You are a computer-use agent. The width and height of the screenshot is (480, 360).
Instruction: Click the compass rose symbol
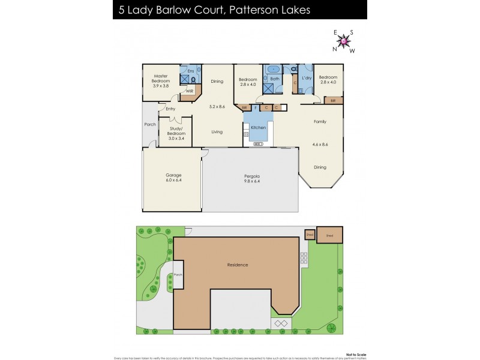[344, 41]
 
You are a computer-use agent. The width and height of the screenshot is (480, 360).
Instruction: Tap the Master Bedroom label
[161, 76]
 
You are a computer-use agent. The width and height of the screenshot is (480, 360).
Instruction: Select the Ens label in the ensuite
[190, 71]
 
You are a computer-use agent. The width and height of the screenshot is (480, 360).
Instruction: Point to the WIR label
[189, 91]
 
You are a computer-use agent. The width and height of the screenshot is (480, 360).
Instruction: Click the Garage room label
[173, 175]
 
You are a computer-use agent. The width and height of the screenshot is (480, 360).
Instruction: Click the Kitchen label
[258, 128]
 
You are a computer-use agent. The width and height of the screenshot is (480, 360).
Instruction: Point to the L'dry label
[306, 78]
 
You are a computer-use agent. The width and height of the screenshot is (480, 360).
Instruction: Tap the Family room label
[320, 122]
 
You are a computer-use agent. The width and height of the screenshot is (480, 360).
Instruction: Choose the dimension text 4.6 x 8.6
[320, 145]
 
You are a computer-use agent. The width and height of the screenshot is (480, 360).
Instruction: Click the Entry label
[170, 109]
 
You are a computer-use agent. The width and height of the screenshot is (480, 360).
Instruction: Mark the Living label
[216, 132]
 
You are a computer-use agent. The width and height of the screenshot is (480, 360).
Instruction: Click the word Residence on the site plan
[238, 265]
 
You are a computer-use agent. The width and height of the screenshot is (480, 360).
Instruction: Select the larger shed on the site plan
[329, 236]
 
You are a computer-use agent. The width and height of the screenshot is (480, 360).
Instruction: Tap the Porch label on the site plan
[178, 275]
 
